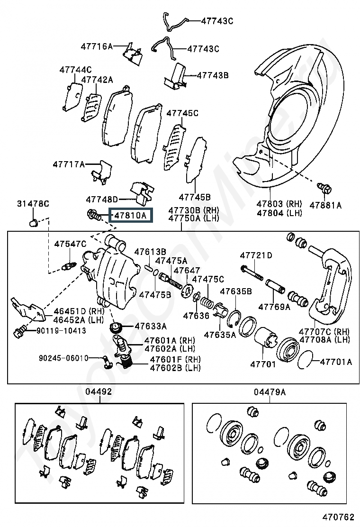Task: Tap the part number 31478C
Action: tap(33, 204)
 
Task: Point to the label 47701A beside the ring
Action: tap(336, 362)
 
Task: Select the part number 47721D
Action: tap(256, 255)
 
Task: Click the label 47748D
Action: tap(102, 200)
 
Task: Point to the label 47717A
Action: tap(69, 164)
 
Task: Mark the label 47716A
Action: tap(97, 46)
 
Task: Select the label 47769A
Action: tap(274, 307)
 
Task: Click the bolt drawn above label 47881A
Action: tap(324, 188)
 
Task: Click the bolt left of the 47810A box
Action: tap(94, 216)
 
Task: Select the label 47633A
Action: tap(151, 326)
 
